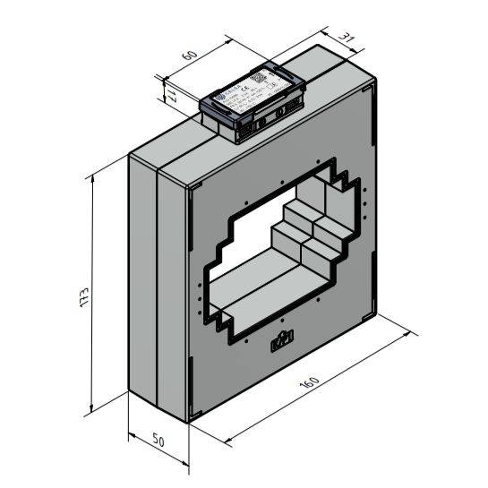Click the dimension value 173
click(x=83, y=295)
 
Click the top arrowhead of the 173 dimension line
click(x=93, y=177)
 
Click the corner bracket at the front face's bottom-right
click(x=369, y=311)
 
